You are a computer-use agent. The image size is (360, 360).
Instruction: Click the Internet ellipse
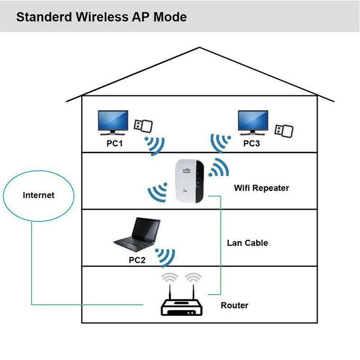(x=39, y=195)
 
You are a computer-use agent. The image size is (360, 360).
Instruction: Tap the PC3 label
(x=253, y=144)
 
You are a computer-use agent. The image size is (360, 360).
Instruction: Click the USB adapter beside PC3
(x=284, y=129)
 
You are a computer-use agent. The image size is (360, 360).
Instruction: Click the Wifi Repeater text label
(x=261, y=188)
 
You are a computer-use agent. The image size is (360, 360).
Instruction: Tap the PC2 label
(x=137, y=260)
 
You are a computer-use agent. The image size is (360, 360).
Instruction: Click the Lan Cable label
(x=247, y=243)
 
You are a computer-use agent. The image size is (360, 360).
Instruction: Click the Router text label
(x=234, y=306)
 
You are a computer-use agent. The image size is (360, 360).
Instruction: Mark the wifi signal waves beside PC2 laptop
(x=165, y=256)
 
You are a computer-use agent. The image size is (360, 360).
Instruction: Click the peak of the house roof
(x=201, y=48)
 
